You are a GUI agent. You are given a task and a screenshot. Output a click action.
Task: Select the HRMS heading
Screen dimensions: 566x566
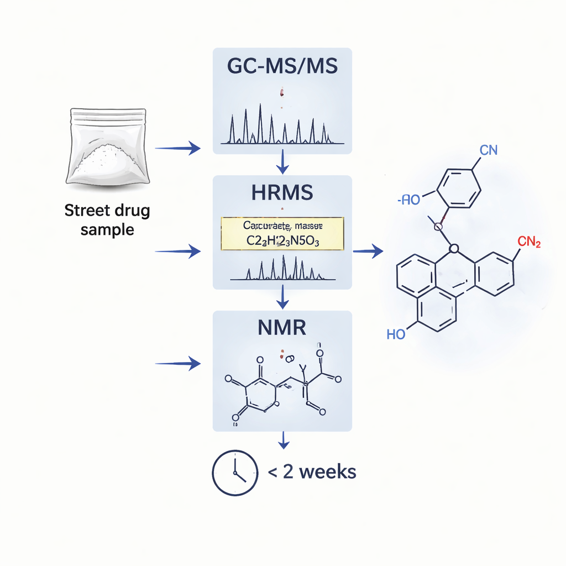tap(282, 192)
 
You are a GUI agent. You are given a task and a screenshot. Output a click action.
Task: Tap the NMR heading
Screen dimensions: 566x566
tap(282, 328)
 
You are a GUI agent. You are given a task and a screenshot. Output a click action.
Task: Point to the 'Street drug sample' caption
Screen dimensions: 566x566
tap(107, 219)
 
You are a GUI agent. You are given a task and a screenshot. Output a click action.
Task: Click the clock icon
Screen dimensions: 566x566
tap(234, 473)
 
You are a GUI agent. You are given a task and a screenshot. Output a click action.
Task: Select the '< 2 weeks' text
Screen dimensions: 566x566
tap(312, 472)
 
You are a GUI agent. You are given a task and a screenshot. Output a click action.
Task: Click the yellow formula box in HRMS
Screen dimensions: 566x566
tap(282, 234)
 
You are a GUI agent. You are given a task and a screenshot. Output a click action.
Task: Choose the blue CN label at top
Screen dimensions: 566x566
tap(489, 150)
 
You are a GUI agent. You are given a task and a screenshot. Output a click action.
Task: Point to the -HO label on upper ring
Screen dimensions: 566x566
tap(410, 200)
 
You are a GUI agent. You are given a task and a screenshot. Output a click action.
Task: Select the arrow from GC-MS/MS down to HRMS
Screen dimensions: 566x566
tap(282, 161)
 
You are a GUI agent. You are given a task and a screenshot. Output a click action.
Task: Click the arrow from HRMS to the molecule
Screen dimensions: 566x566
tap(368, 252)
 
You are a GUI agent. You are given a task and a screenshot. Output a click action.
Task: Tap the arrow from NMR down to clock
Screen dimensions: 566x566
tap(282, 440)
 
